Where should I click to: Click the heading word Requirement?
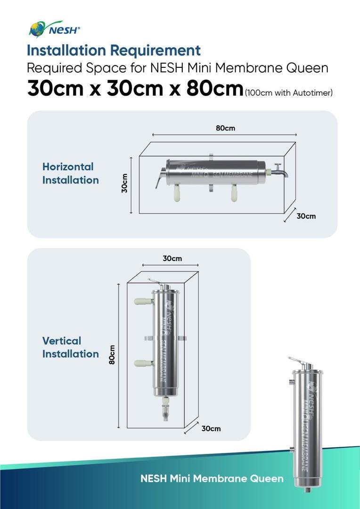tap(155, 50)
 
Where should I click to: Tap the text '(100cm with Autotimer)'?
tap(289, 93)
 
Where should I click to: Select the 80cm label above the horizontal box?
tap(225, 128)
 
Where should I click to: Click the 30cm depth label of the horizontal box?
tap(306, 216)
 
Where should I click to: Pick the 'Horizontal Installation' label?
tap(70, 173)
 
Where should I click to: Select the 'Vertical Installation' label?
tap(70, 347)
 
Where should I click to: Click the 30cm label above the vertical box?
tap(172, 259)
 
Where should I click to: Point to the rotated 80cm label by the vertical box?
tap(112, 354)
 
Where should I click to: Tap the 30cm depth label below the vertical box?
tap(211, 428)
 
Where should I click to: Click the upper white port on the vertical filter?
tap(143, 301)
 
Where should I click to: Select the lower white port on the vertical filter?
tap(143, 363)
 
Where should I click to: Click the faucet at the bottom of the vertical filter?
tap(165, 410)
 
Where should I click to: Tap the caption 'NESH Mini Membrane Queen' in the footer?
tap(212, 478)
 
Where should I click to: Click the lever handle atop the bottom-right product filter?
tap(298, 361)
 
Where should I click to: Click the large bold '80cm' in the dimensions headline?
tap(214, 88)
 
